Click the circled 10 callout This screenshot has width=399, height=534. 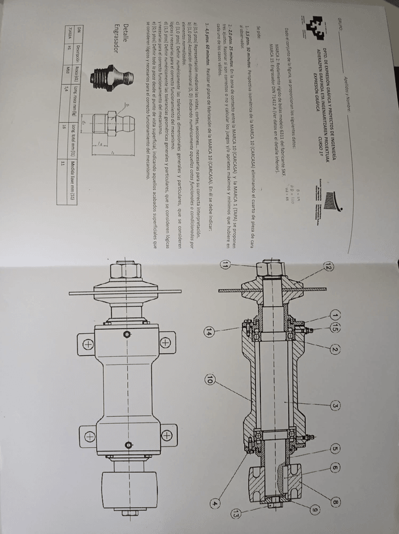tap(209, 379)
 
